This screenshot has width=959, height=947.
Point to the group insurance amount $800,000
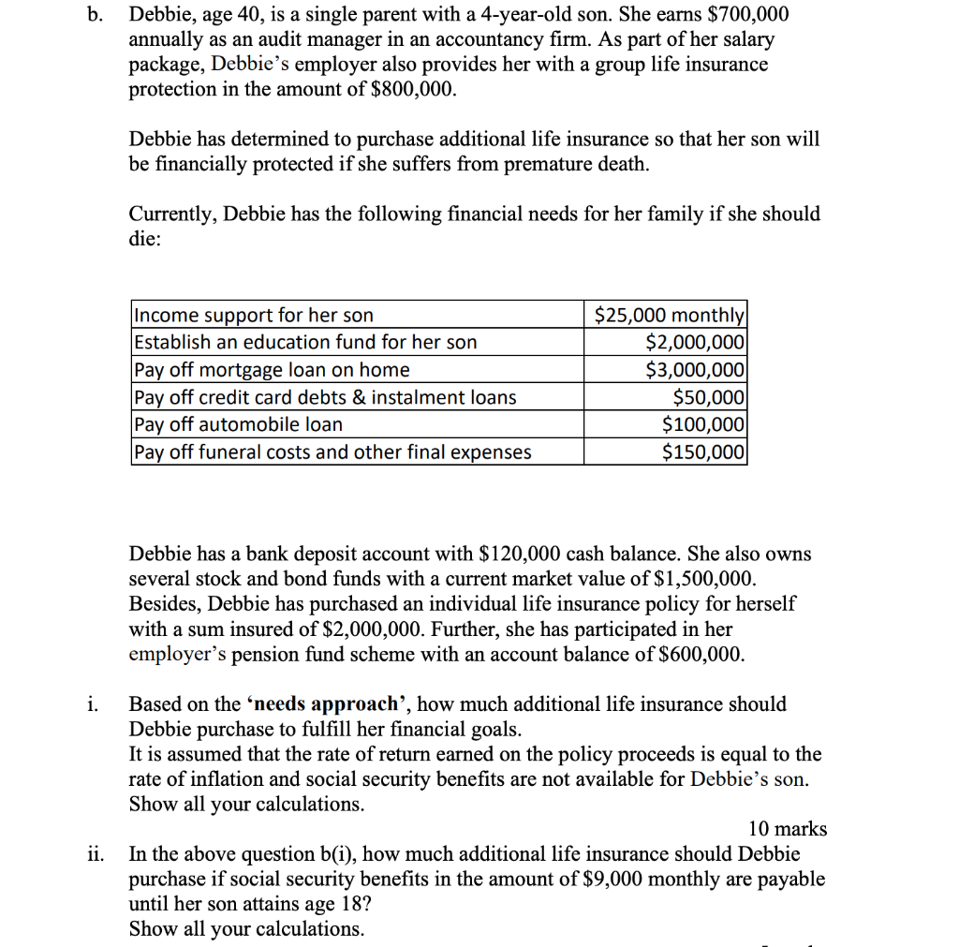pyautogui.click(x=415, y=90)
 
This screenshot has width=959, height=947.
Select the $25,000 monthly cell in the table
pyautogui.click(x=671, y=315)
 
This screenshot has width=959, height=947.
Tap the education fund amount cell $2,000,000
pyautogui.click(x=696, y=342)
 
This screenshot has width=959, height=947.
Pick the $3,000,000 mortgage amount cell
pyautogui.click(x=696, y=369)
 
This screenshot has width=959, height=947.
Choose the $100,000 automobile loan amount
pyautogui.click(x=703, y=424)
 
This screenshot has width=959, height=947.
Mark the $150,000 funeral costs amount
pyautogui.click(x=703, y=452)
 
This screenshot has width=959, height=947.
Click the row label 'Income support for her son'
pyautogui.click(x=254, y=315)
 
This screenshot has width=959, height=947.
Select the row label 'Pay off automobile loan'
pyautogui.click(x=239, y=424)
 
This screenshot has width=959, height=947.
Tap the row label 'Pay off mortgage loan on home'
pyautogui.click(x=273, y=369)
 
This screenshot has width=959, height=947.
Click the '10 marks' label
pyautogui.click(x=788, y=829)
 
